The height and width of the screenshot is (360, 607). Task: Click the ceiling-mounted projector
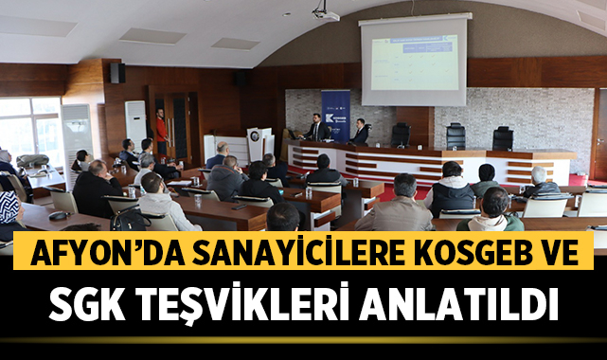325,13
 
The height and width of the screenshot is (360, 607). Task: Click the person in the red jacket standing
162,132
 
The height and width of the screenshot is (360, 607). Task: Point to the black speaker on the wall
116,73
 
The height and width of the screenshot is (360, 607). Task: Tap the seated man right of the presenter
360,133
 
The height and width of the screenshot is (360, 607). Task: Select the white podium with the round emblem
259,143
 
